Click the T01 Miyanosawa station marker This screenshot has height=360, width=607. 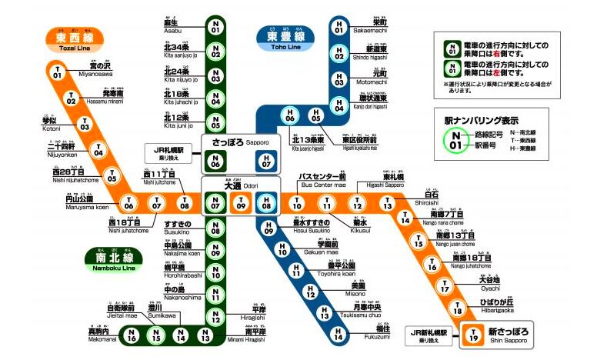click(x=57, y=73)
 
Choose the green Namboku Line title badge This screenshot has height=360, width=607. click(x=108, y=258)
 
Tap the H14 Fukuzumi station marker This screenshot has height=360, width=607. click(x=339, y=335)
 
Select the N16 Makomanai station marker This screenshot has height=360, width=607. click(x=132, y=335)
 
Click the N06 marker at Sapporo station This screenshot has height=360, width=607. click(x=216, y=161)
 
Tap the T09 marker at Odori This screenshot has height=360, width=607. click(x=242, y=204)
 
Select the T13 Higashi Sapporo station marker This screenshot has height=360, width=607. click(x=387, y=204)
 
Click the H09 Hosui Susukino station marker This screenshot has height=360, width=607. click(x=269, y=228)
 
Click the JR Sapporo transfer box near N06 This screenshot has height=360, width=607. click(x=172, y=152)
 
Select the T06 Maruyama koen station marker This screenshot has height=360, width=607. click(x=129, y=204)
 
